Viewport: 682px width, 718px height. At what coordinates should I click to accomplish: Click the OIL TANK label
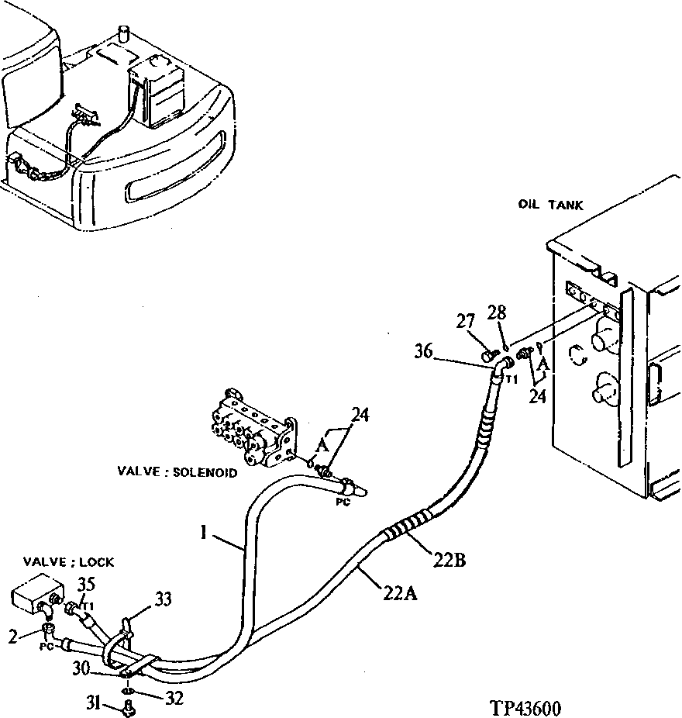tap(550, 205)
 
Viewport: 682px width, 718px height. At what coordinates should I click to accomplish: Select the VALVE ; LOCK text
tap(69, 562)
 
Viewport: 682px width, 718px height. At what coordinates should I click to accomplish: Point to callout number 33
tap(164, 598)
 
